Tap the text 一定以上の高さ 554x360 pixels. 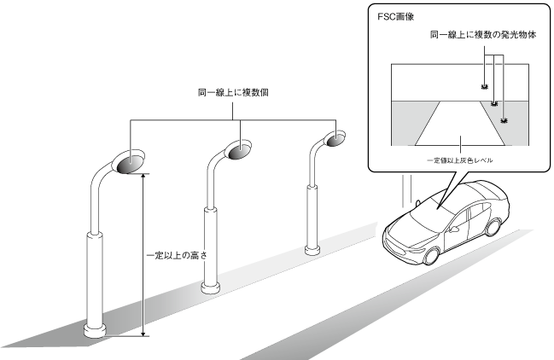177,254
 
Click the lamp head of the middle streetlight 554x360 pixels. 239,150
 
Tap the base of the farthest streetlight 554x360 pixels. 312,249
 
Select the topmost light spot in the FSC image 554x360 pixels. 483,87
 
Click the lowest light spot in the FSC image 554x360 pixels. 504,121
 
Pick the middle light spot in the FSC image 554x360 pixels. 494,103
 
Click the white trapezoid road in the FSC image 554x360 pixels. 458,127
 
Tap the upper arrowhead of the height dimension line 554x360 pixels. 143,176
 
